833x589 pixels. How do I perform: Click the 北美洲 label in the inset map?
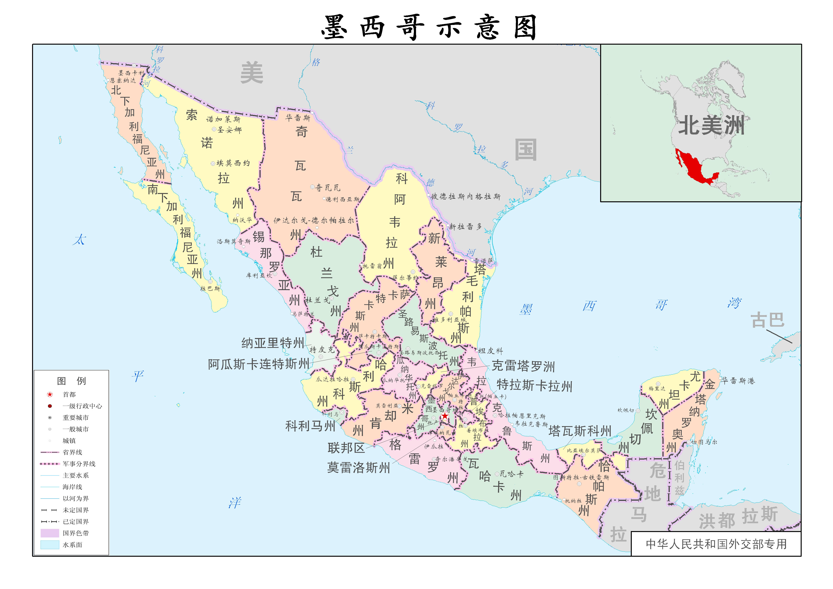point(711,126)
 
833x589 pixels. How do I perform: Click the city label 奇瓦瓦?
point(328,188)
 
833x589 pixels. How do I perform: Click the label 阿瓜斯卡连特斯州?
point(259,364)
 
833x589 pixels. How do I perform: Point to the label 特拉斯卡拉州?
point(534,386)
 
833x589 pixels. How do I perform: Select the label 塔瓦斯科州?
point(580,431)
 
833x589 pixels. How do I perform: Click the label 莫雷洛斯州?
point(358,467)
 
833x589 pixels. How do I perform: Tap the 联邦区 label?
point(346,448)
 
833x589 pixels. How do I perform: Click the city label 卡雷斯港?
point(738,381)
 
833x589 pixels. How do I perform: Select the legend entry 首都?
point(69,394)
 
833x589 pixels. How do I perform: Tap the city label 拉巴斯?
point(210,288)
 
